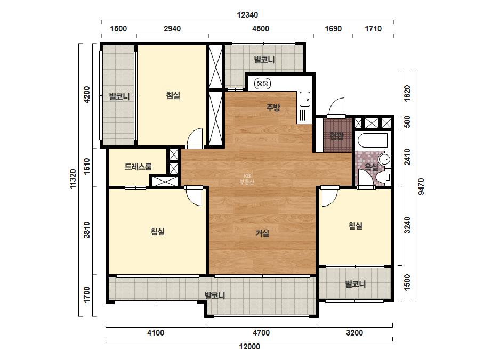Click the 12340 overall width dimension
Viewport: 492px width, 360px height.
[x=247, y=15]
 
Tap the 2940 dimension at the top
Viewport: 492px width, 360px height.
[x=172, y=29]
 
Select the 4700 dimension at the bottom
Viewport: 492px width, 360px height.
[x=261, y=333]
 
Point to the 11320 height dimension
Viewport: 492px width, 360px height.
[x=73, y=179]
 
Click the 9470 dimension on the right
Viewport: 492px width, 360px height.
[x=421, y=186]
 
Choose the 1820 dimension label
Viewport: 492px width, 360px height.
[x=407, y=93]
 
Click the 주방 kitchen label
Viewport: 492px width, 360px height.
[x=273, y=108]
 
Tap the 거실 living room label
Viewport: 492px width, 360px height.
[x=262, y=233]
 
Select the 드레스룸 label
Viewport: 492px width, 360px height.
[x=138, y=167]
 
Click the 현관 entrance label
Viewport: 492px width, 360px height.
[x=336, y=136]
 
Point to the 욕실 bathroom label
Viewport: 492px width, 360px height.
[x=371, y=167]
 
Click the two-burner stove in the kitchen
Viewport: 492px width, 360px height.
[x=262, y=84]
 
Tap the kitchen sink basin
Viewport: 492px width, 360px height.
[x=304, y=99]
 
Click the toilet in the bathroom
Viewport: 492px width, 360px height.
[x=383, y=177]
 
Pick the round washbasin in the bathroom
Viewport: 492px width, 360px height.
[x=384, y=159]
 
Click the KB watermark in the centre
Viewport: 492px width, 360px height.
[x=247, y=179]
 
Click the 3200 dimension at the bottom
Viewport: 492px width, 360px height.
[x=354, y=333]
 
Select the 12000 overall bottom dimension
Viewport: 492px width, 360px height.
[x=249, y=347]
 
